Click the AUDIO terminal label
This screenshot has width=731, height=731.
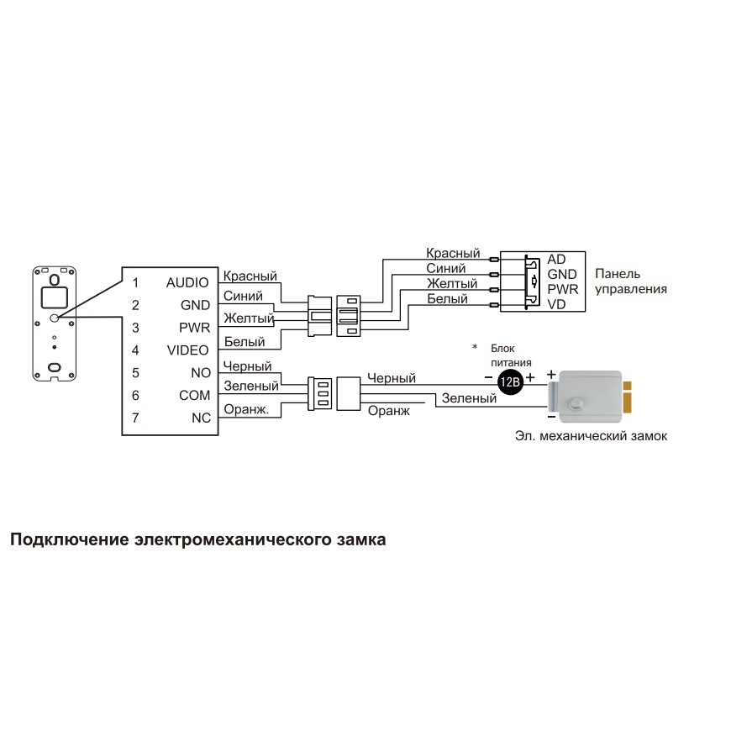187,282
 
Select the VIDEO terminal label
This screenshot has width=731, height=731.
188,350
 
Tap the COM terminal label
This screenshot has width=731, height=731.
194,396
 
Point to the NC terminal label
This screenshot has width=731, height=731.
201,418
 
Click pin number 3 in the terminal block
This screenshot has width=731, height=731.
135,328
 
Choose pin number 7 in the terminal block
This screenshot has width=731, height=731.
135,418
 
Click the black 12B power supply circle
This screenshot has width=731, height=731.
509,381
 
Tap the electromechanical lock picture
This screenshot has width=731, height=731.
589,397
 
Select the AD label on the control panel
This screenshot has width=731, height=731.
556,259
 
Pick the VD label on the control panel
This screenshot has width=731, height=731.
556,304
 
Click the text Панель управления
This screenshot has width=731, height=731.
631,281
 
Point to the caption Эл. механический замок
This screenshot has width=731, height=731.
592,436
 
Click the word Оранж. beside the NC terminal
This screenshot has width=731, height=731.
246,409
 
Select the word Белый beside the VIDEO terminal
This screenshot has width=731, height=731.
245,342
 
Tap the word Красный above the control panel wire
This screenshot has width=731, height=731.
453,253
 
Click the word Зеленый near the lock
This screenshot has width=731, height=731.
469,398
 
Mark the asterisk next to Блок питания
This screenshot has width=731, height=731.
475,347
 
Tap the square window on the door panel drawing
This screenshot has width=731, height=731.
55,297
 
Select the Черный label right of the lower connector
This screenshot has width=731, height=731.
392,378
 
